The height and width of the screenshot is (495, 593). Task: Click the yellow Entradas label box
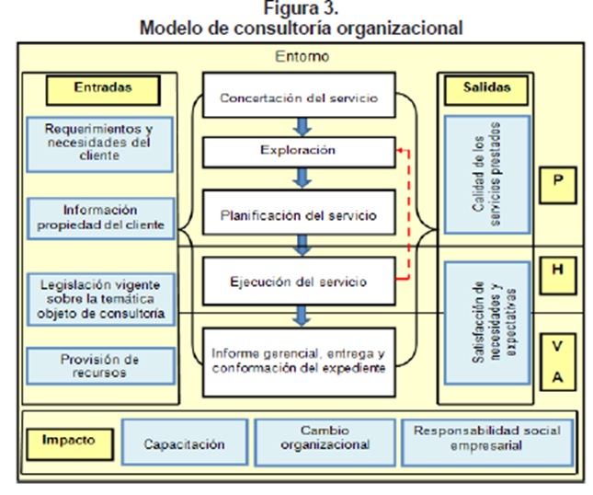(103, 89)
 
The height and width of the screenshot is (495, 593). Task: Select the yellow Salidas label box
(485, 89)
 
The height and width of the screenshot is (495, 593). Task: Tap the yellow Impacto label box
(69, 441)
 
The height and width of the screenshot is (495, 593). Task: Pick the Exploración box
(296, 150)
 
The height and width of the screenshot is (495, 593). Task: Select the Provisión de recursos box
(99, 365)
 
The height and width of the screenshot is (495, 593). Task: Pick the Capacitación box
(184, 443)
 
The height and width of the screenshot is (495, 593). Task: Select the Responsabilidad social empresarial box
(486, 438)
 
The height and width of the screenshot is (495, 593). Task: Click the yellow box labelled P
(558, 182)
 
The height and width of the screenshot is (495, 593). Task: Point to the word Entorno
(302, 57)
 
